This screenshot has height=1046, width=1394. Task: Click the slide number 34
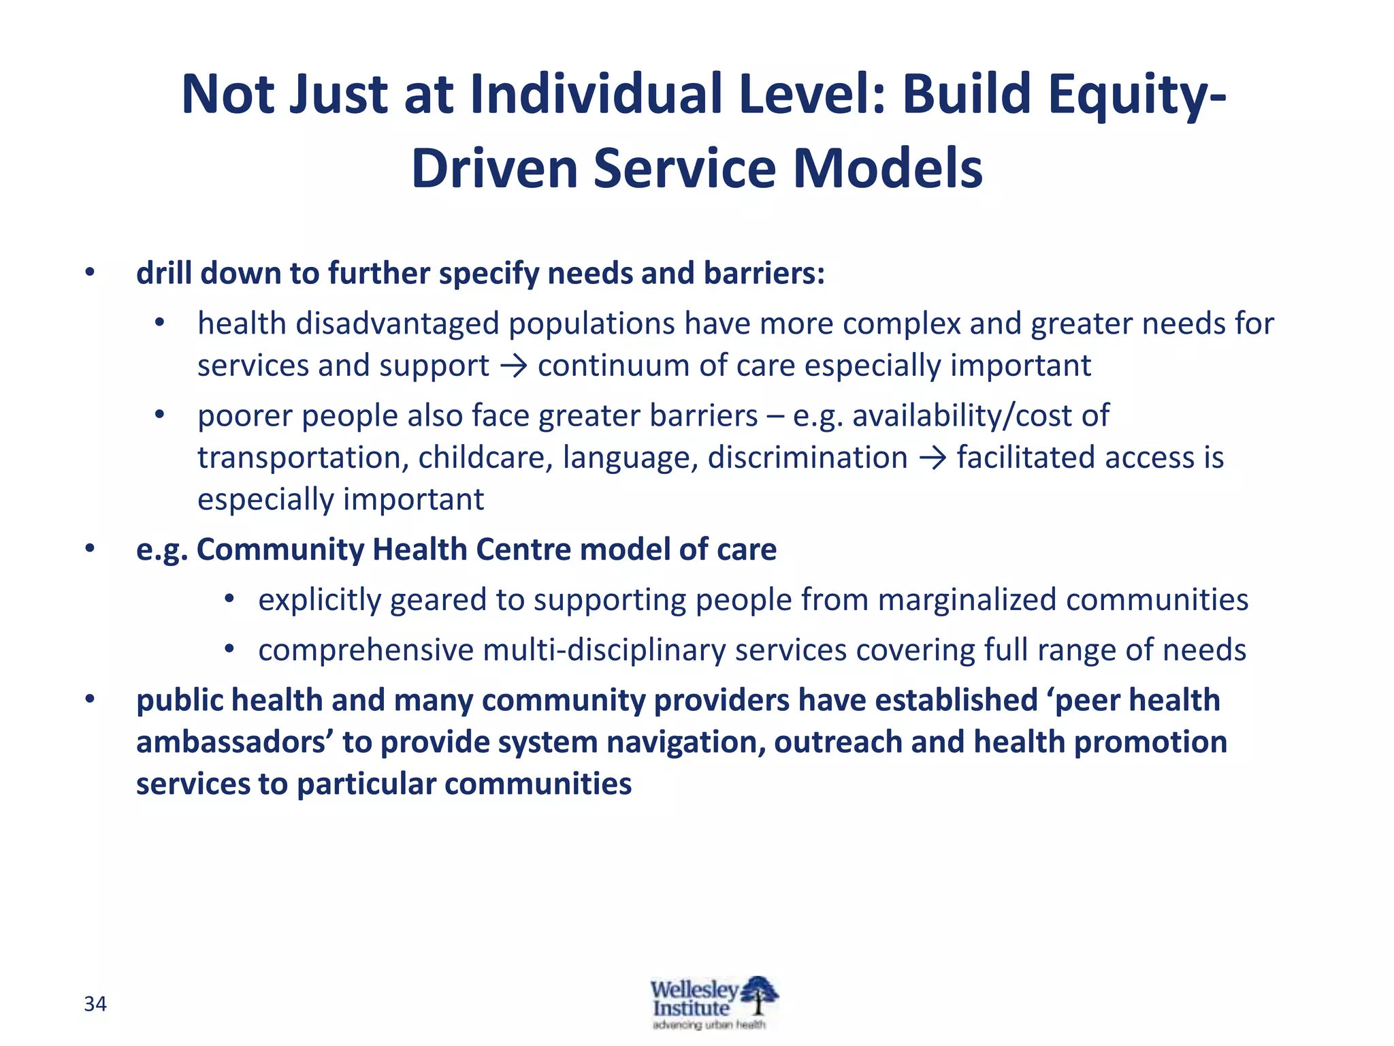pyautogui.click(x=95, y=1004)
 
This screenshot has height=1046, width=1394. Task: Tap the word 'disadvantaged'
pyautogui.click(x=398, y=324)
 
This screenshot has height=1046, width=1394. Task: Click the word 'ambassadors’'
pyautogui.click(x=234, y=742)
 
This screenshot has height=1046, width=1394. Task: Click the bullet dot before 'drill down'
pyautogui.click(x=90, y=274)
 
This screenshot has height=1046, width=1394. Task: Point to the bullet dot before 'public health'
pyautogui.click(x=90, y=700)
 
